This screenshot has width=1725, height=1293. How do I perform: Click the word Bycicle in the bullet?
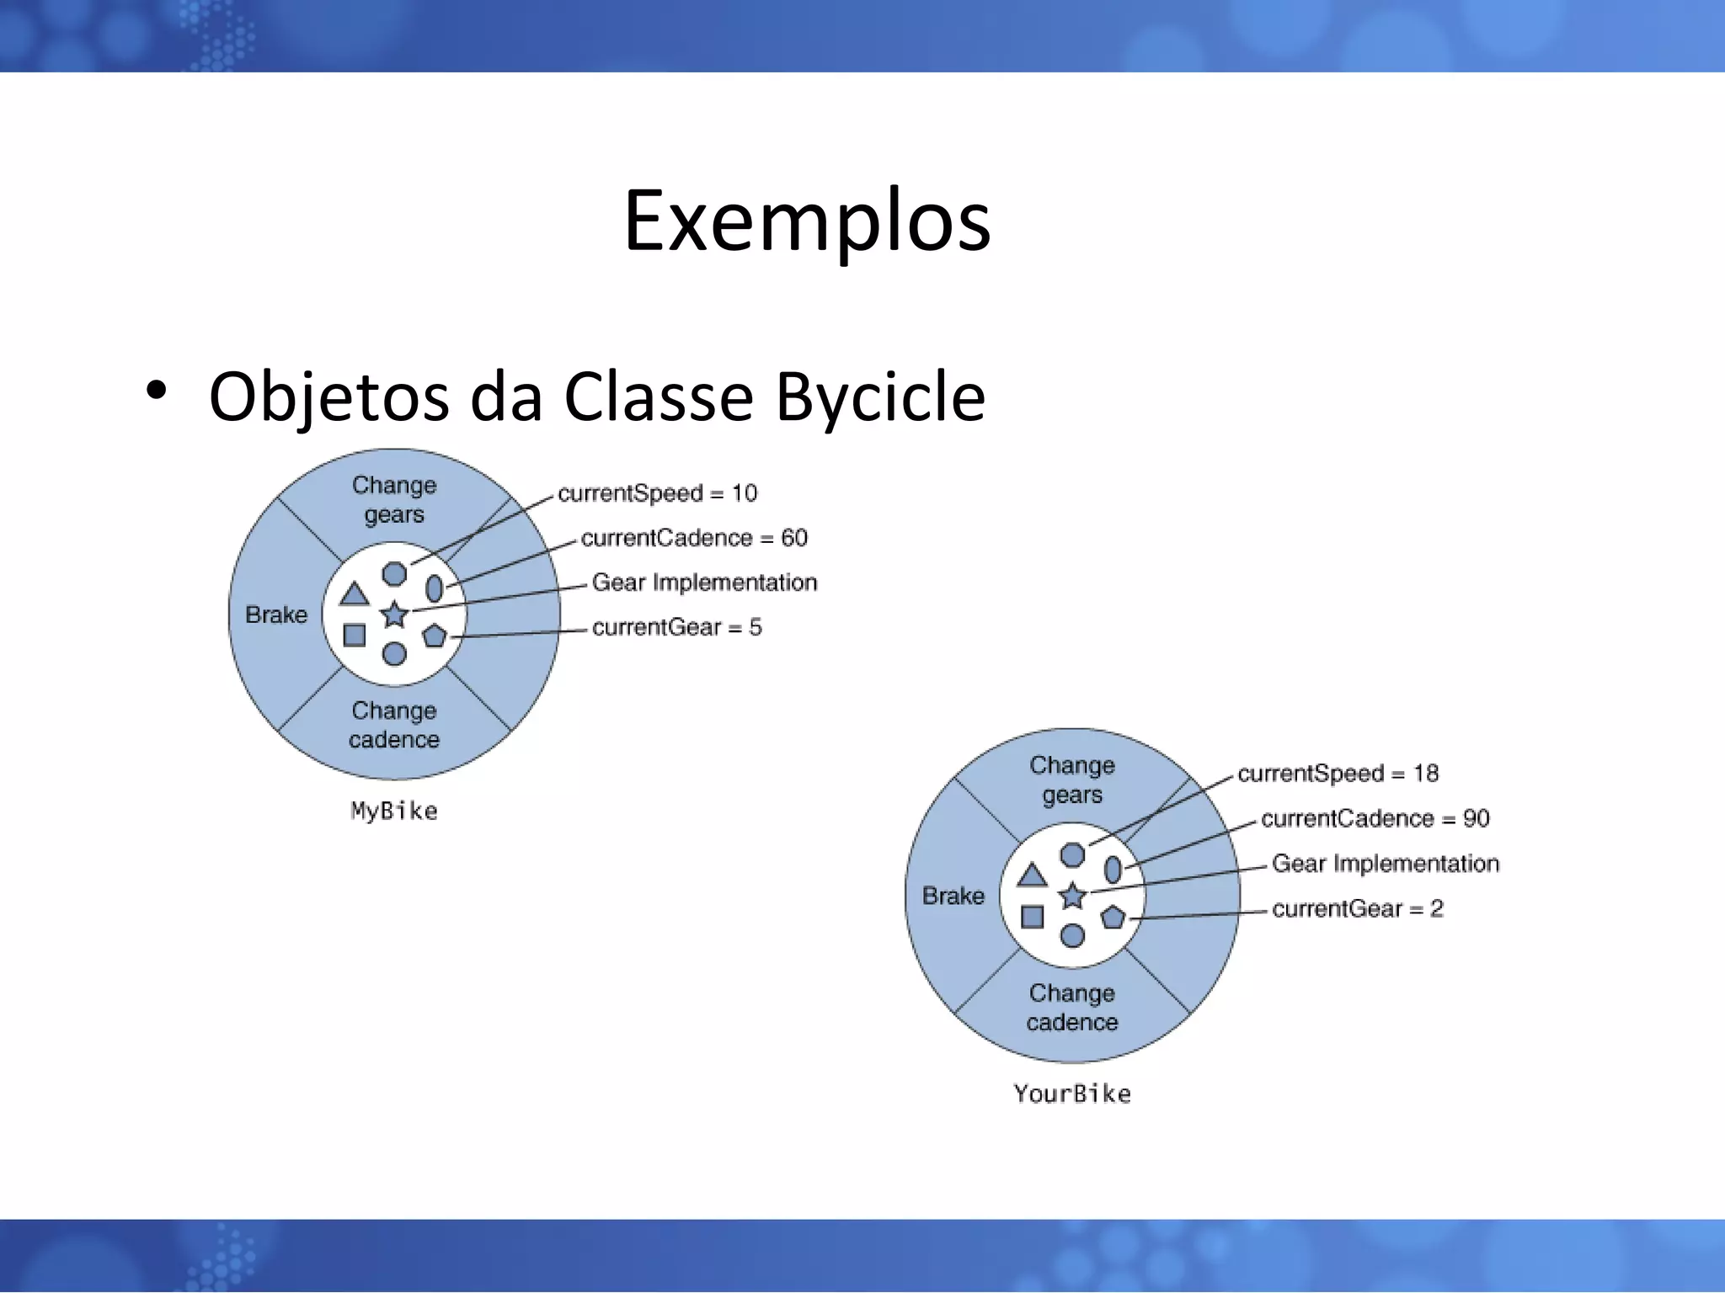pyautogui.click(x=880, y=396)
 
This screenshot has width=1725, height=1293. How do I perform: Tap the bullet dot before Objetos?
pyautogui.click(x=156, y=391)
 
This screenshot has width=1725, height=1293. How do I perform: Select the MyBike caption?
pyautogui.click(x=394, y=811)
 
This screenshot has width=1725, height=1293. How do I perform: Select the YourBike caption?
pyautogui.click(x=1072, y=1093)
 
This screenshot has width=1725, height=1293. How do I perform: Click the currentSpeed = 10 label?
pyautogui.click(x=657, y=493)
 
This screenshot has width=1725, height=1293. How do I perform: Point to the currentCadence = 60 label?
pyautogui.click(x=694, y=538)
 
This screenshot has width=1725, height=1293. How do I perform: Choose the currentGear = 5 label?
pyautogui.click(x=676, y=627)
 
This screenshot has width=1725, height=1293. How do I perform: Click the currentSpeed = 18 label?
pyautogui.click(x=1338, y=774)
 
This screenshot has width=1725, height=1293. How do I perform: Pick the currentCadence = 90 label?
pyautogui.click(x=1375, y=818)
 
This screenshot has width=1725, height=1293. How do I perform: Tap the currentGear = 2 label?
pyautogui.click(x=1357, y=908)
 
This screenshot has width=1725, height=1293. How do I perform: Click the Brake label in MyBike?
pyautogui.click(x=276, y=615)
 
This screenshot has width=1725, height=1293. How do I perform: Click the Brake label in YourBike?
pyautogui.click(x=953, y=896)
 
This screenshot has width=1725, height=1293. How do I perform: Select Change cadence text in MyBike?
pyautogui.click(x=394, y=725)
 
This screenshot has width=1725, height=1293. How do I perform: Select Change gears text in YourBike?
pyautogui.click(x=1072, y=780)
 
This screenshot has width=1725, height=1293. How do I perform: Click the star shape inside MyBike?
pyautogui.click(x=394, y=615)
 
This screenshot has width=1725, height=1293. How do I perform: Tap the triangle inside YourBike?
pyautogui.click(x=1032, y=876)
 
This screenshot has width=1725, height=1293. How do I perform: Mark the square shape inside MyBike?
pyautogui.click(x=355, y=635)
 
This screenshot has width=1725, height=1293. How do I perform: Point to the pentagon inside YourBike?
pyautogui.click(x=1114, y=917)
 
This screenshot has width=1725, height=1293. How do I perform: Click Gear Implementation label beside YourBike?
pyautogui.click(x=1385, y=864)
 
